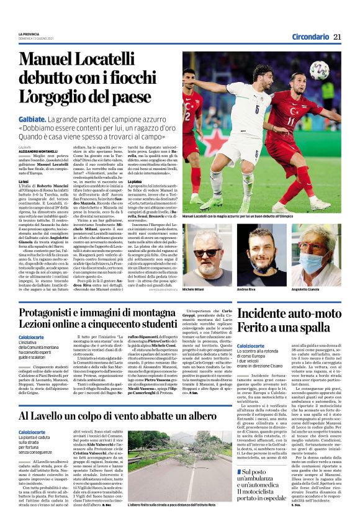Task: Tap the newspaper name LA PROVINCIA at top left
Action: coord(29,34)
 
